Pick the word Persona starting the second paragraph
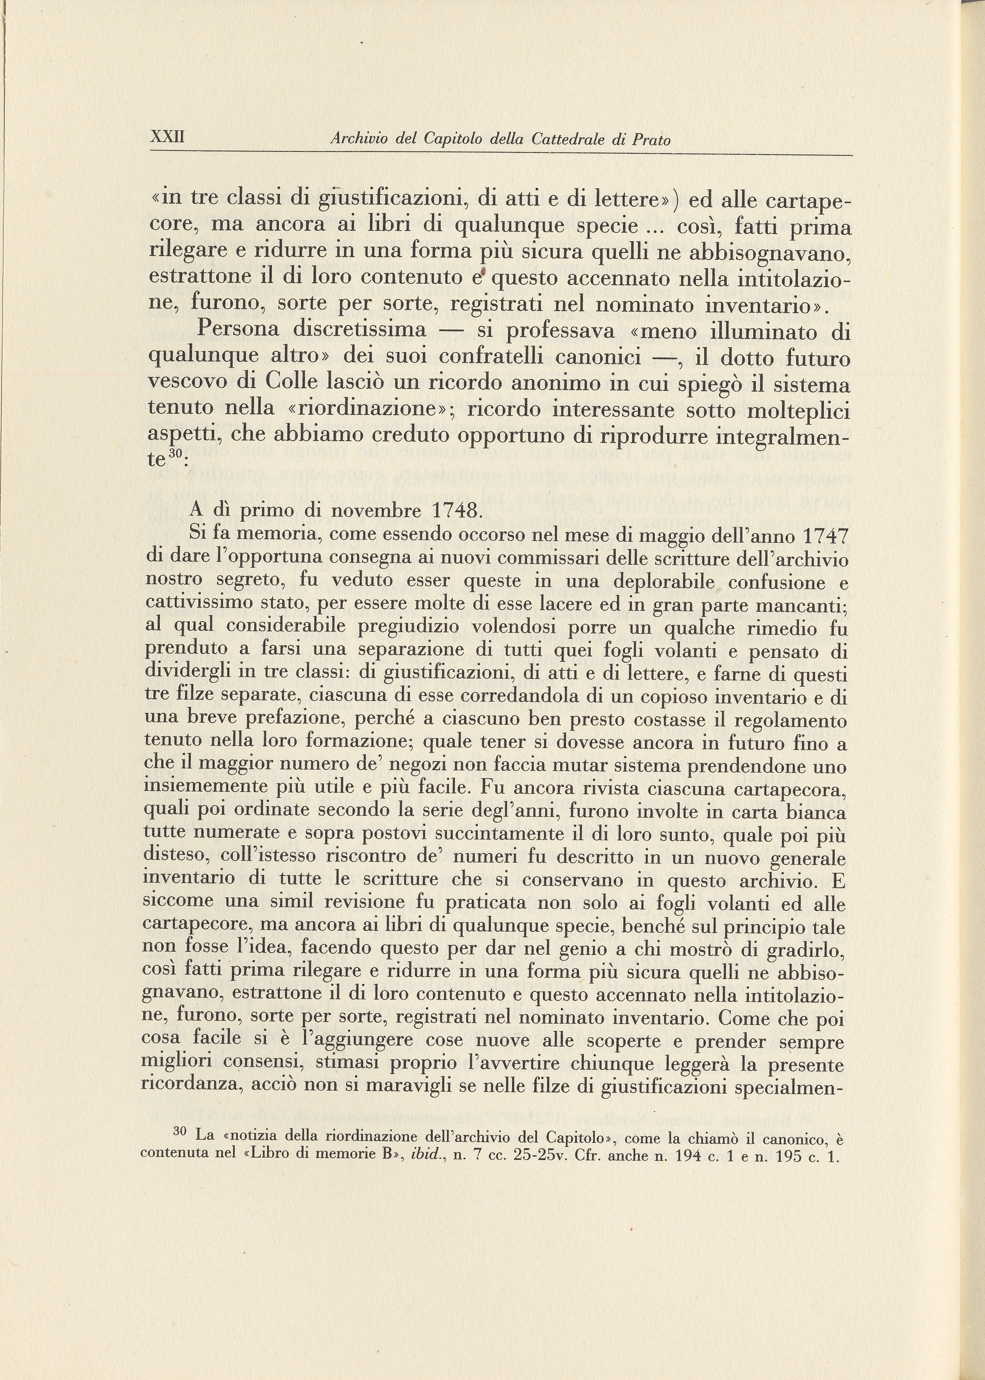[x=238, y=330]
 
